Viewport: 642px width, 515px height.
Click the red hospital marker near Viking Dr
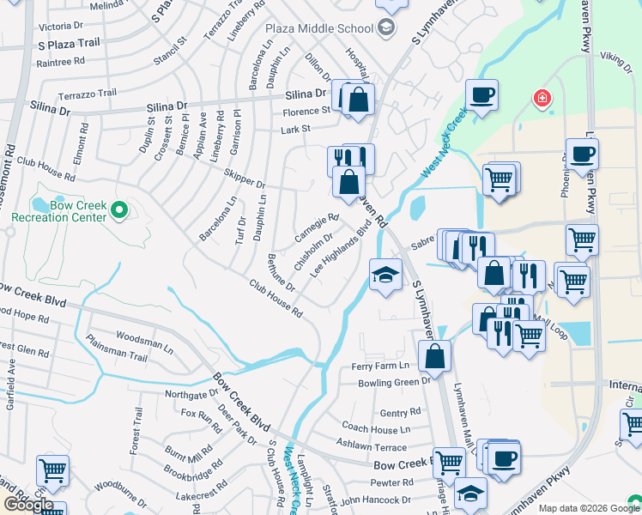[542, 99]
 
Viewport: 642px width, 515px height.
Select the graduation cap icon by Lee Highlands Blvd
[385, 276]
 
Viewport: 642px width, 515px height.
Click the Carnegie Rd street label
[317, 227]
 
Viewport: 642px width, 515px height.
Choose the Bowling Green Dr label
[394, 382]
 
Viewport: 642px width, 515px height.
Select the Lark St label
[294, 129]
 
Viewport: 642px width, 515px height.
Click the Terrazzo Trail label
[87, 93]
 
